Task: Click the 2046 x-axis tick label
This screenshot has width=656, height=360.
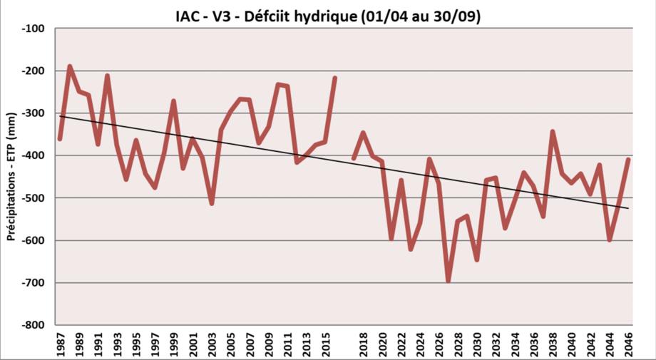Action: [628, 343]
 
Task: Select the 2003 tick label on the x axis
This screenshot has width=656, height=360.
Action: [212, 343]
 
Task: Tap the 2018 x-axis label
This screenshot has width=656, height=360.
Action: [363, 343]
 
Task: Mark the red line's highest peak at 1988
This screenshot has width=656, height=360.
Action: [70, 66]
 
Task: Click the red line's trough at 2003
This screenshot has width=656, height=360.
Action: [212, 203]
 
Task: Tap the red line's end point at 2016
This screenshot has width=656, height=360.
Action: [334, 78]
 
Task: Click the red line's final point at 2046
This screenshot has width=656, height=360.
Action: [628, 159]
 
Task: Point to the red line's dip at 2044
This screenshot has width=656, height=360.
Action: [610, 240]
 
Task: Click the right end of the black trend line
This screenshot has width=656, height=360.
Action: [628, 208]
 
